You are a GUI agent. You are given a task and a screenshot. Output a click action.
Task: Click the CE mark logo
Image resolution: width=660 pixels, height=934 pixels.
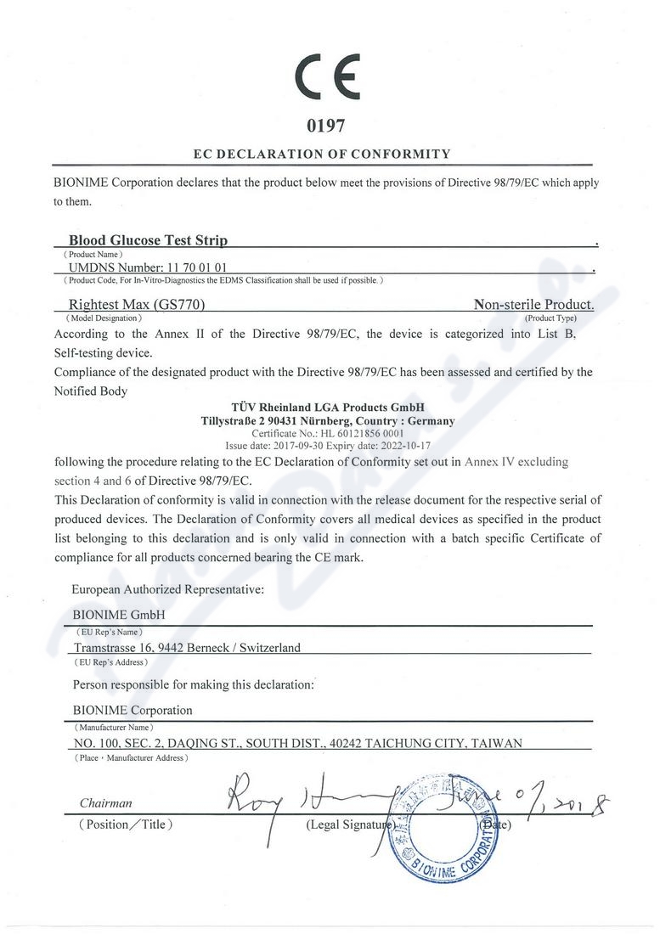point(328,78)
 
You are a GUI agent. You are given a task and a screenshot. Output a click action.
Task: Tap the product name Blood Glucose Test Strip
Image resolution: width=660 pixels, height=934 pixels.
point(148,240)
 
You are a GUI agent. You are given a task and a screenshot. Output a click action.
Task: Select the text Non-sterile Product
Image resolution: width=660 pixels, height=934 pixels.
point(533,304)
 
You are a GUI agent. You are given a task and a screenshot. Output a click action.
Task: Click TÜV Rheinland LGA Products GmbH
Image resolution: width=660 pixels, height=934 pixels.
point(327,408)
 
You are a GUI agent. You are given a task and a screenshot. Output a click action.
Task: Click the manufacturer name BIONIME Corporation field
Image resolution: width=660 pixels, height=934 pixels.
point(133,710)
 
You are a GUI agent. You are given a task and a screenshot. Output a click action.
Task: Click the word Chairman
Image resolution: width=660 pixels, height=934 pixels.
point(106,802)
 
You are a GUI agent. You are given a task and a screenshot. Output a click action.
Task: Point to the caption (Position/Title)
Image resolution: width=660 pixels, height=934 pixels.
point(125,824)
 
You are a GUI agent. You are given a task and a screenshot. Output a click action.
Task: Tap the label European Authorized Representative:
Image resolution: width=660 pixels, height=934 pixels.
point(168,587)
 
